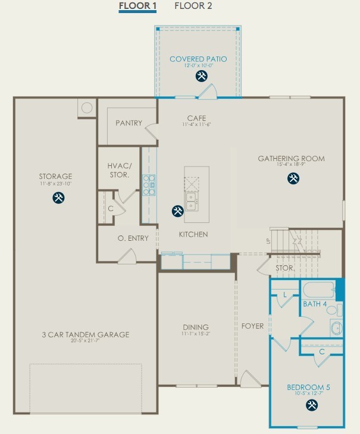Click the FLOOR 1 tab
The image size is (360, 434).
coord(137,7)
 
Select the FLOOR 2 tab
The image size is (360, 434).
coord(193,7)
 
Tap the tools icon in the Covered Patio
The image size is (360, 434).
coord(202,76)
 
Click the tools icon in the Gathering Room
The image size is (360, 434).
coord(293,178)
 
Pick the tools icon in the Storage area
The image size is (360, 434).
coord(58,198)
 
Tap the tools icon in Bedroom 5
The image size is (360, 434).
coord(312,405)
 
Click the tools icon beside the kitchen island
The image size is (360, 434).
coord(177,210)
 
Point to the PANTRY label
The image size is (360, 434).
coord(129,123)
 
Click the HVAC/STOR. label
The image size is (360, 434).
coord(119,170)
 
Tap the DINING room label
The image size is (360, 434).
coord(196,327)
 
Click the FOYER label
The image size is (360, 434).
coord(252,326)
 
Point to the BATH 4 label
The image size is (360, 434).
coord(315,304)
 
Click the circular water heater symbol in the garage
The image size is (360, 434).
coord(87,108)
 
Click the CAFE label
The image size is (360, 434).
coord(196,118)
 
